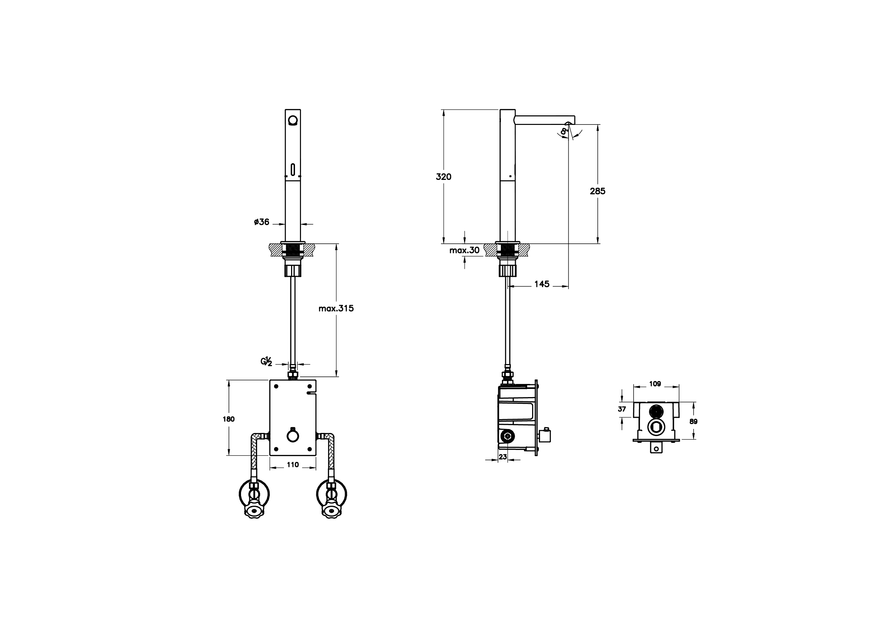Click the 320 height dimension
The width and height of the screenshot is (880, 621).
(x=443, y=177)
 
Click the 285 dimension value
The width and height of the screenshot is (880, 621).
(x=597, y=191)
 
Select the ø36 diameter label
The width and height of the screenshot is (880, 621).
(x=262, y=222)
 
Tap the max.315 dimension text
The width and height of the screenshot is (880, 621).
(x=336, y=308)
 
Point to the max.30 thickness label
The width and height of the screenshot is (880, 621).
(x=464, y=250)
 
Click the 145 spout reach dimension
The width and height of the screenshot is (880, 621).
(x=542, y=284)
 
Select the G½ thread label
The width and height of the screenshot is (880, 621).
(x=266, y=361)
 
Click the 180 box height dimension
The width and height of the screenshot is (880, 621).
(x=229, y=419)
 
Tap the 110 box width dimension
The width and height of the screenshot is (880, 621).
(x=293, y=465)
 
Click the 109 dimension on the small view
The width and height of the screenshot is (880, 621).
(x=655, y=384)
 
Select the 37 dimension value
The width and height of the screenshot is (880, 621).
(x=622, y=409)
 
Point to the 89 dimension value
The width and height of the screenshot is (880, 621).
(x=693, y=422)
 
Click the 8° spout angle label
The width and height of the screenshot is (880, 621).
(x=563, y=131)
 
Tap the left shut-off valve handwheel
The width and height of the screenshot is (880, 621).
(x=254, y=511)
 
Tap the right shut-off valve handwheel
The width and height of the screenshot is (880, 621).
(x=332, y=511)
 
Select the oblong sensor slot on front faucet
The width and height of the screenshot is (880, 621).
(x=293, y=169)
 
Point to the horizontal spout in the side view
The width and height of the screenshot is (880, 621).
(x=544, y=120)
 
